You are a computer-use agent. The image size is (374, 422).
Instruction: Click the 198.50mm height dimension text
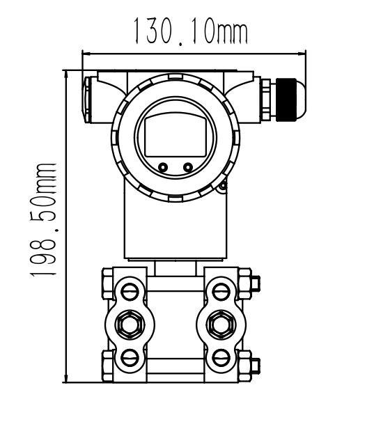45,221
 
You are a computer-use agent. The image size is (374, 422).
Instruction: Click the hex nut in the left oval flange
128,323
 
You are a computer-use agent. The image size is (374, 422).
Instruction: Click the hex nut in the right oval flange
221,323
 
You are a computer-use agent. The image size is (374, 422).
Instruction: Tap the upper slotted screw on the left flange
128,289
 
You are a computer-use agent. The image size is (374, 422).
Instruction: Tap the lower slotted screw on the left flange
128,357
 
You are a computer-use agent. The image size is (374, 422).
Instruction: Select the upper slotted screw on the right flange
221,289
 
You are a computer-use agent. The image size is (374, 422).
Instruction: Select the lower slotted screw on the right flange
221,357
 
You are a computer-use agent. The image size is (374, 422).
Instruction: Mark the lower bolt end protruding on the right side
254,364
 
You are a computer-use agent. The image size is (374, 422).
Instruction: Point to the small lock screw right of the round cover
222,185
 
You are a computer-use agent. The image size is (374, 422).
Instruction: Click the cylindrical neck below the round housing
174,226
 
